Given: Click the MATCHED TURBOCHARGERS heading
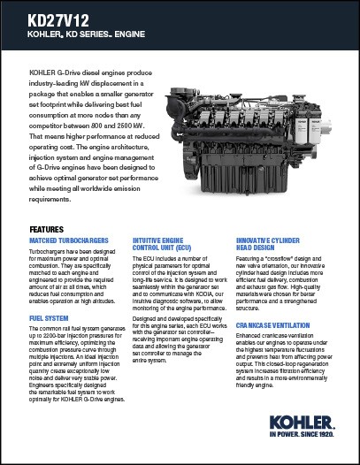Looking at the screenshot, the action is coord(69,240).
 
